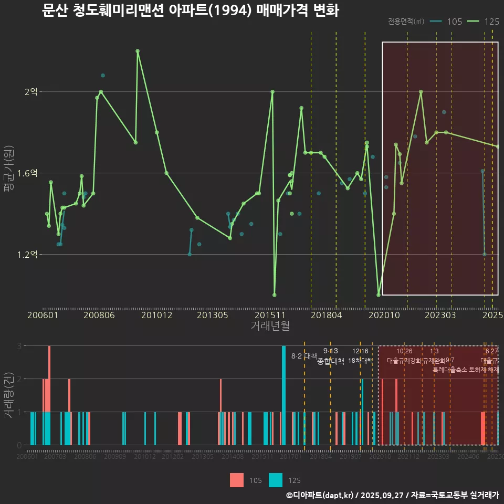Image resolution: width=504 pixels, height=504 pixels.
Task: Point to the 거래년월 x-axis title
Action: [270, 326]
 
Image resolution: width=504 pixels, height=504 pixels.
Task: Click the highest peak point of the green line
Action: [138, 51]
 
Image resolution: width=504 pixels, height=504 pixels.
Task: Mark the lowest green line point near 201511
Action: [275, 295]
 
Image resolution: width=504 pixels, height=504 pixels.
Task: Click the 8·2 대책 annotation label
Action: [304, 356]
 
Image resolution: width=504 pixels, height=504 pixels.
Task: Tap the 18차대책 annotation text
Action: [360, 361]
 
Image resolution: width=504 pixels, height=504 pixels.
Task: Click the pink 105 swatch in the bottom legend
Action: [237, 480]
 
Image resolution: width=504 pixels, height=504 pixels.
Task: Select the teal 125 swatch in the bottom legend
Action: [276, 480]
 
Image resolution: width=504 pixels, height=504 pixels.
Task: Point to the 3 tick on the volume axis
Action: [19, 346]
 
